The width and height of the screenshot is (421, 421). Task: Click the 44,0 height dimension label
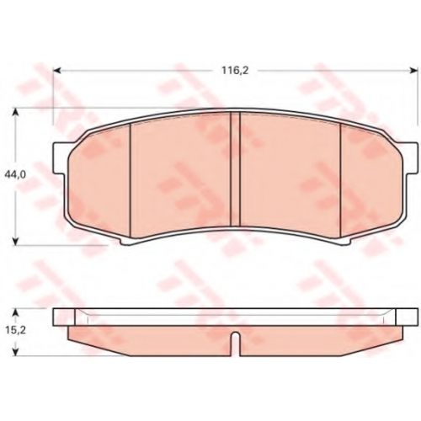15,174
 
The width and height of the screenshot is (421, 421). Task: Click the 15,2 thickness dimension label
15,330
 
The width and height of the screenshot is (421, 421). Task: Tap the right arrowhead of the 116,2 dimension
414,70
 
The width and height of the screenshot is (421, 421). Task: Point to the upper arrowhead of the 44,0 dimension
16,113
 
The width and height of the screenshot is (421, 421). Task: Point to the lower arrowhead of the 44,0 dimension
16,241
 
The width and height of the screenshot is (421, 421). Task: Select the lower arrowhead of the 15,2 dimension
16,352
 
